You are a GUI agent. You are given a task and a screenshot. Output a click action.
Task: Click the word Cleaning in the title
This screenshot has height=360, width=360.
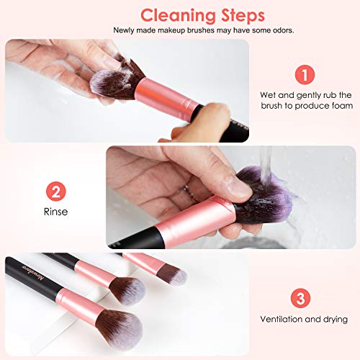click(x=178, y=17)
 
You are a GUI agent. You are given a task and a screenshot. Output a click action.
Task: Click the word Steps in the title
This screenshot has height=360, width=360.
click(x=243, y=15)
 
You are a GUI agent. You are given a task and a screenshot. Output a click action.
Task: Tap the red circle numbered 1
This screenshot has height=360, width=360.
click(x=305, y=75)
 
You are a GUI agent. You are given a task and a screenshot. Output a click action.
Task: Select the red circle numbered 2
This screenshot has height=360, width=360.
click(x=56, y=192)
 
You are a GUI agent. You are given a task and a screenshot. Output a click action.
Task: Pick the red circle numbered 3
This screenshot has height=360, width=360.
click(x=300, y=298)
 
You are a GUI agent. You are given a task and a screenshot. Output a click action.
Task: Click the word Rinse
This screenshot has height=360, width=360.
click(x=55, y=212)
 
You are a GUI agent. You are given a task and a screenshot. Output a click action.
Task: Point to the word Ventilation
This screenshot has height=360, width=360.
click(x=282, y=319)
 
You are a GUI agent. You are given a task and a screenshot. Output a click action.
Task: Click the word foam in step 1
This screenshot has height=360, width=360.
click(x=342, y=106)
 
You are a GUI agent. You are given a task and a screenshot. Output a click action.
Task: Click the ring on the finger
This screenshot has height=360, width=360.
click(x=189, y=192)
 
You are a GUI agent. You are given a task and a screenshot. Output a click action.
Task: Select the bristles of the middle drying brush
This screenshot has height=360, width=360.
click(x=128, y=290)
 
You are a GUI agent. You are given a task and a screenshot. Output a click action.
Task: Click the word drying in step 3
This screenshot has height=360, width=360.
click(x=336, y=320)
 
